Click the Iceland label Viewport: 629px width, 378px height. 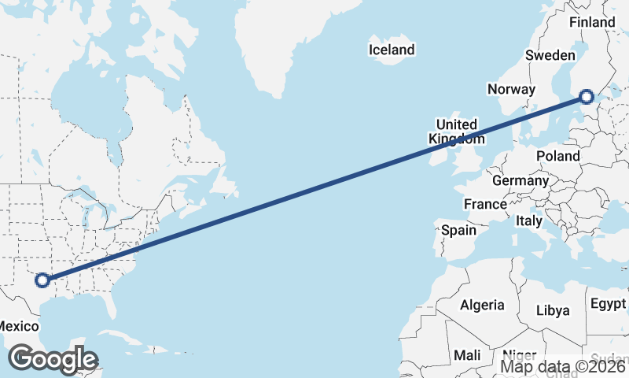point(392,50)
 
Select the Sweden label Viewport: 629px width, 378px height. point(550,55)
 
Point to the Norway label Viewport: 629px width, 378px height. point(511,89)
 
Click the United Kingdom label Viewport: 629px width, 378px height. point(457,132)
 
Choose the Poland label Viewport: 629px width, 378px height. point(558,156)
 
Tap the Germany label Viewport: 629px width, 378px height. point(520,180)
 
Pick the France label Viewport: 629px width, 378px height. point(485,204)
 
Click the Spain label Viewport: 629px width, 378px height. point(458,230)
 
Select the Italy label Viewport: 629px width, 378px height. point(529,221)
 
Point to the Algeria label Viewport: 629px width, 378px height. point(482,305)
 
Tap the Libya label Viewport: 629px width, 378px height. point(553,310)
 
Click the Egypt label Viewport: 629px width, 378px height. point(609,304)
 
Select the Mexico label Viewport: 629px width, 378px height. point(17,326)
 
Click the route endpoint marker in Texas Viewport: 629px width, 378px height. point(42,279)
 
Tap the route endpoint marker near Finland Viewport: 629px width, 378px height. point(587,97)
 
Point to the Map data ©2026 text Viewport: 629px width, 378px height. point(563,365)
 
